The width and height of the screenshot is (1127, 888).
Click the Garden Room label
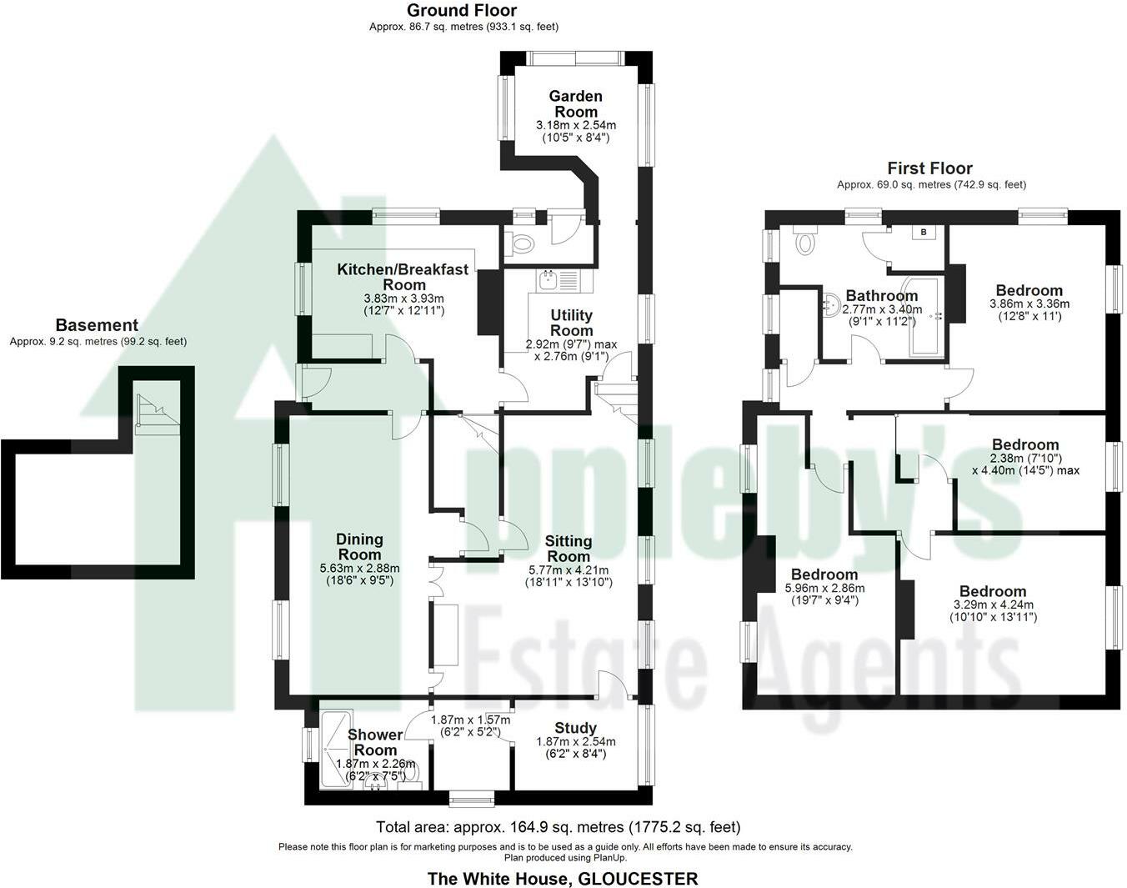click(575, 103)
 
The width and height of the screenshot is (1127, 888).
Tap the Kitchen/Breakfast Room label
click(403, 277)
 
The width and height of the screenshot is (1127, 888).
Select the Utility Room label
click(571, 323)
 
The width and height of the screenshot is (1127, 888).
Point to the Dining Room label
click(359, 546)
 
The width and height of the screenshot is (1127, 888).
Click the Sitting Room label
click(569, 549)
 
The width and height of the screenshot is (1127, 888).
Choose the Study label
click(575, 728)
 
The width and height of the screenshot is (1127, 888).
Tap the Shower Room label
click(375, 742)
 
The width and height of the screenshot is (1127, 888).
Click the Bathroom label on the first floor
click(882, 296)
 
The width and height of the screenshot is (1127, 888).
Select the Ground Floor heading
click(461, 11)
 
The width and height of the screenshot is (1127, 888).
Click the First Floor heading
click(929, 168)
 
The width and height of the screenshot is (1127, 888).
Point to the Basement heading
click(97, 325)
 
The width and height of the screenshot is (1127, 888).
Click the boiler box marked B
click(924, 232)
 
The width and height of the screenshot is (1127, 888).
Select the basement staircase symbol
click(157, 414)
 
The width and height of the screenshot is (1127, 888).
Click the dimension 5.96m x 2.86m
click(824, 589)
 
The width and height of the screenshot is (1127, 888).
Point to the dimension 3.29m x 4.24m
click(994, 605)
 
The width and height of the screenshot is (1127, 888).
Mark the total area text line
click(558, 827)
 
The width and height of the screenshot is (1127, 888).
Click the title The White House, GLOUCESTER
click(563, 879)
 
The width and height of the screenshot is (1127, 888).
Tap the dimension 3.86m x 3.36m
click(1029, 304)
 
